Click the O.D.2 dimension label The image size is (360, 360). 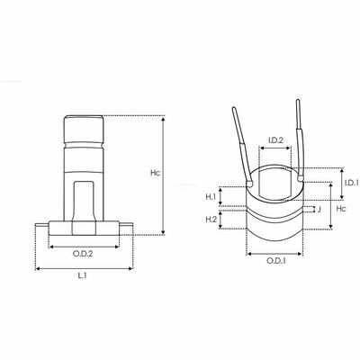tap(83, 254)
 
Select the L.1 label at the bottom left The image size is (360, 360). tap(82, 275)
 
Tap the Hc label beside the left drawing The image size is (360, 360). tap(156, 173)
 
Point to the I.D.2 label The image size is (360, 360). tap(275, 139)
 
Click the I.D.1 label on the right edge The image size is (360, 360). tap(352, 183)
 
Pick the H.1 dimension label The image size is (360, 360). tap(211, 197)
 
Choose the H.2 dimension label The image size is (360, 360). tap(211, 220)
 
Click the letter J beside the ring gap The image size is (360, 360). tap(319, 210)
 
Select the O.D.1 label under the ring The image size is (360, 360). tap(276, 261)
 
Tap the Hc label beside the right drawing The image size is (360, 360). tap(341, 209)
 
